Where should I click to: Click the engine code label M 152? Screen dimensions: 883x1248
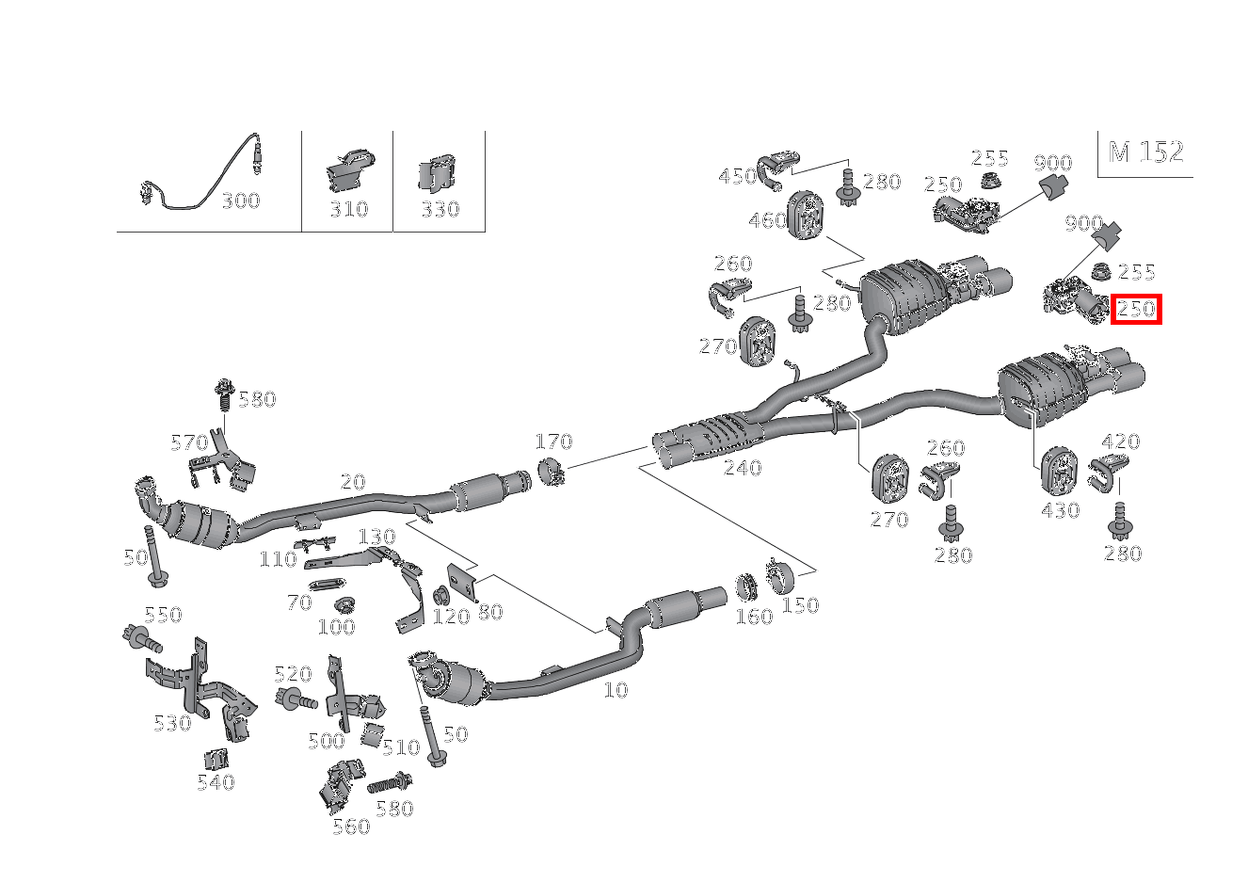pos(1145,153)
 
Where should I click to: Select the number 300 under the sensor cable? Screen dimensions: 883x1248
pos(240,201)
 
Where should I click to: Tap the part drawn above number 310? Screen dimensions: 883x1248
pos(349,171)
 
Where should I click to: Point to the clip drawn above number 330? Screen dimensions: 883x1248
pos(437,173)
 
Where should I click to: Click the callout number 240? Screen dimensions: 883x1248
pos(742,468)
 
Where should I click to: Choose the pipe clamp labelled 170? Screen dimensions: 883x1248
pos(551,471)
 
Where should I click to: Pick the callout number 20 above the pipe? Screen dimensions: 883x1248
pos(353,482)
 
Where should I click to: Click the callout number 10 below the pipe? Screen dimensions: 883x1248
pos(615,690)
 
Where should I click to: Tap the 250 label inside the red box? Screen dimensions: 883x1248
pos(1136,309)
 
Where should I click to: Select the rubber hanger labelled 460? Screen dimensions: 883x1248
pos(807,216)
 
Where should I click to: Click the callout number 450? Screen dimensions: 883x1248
pos(737,176)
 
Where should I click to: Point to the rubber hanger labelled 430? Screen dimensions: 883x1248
pos(1059,470)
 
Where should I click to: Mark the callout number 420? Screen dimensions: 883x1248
pos(1120,441)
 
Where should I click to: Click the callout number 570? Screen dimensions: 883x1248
pos(188,441)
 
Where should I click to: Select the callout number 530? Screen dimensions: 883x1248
pos(172,723)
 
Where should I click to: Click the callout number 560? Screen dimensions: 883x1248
pos(351,827)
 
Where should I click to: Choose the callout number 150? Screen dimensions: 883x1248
pos(800,605)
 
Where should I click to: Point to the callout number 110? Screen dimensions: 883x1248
pos(278,559)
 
